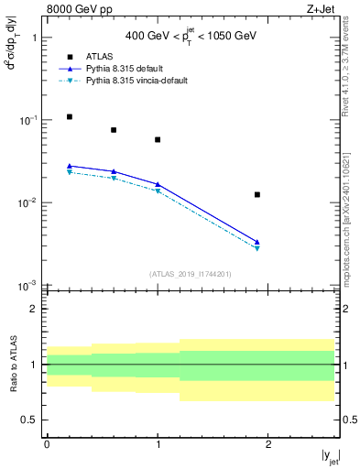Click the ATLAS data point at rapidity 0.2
pos(69,117)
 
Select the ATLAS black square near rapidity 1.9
pos(257,194)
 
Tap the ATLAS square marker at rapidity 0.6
pos(114,130)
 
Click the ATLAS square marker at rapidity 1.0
pos(158,140)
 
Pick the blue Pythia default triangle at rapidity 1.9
pos(257,242)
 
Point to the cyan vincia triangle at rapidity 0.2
pos(69,172)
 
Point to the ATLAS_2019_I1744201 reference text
pos(191,274)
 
